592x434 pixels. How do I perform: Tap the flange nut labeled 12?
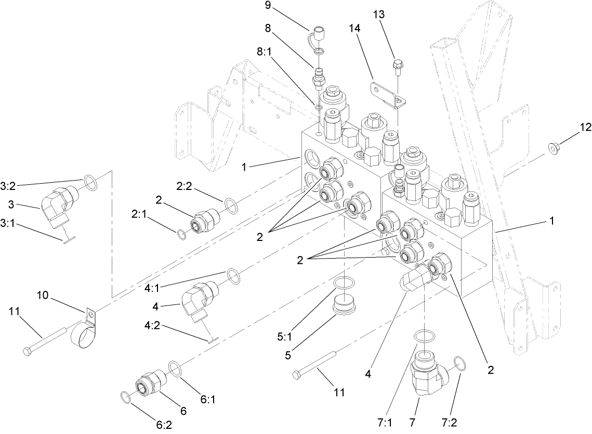tap(554, 149)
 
